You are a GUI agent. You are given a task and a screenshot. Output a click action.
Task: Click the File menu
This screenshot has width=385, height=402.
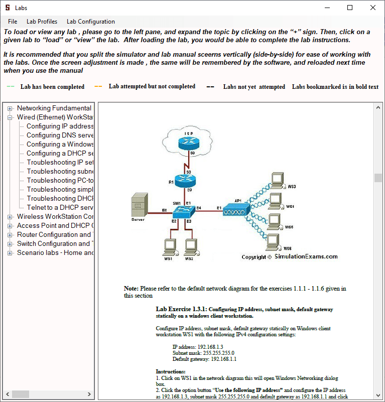[13, 22]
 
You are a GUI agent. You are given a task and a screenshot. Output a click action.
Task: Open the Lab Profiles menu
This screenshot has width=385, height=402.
[42, 22]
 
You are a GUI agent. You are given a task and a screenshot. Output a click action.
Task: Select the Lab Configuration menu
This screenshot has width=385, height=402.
[90, 22]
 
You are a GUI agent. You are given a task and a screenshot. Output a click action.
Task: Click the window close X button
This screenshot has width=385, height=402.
[372, 8]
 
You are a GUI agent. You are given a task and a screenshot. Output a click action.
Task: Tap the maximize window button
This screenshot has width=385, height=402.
[350, 8]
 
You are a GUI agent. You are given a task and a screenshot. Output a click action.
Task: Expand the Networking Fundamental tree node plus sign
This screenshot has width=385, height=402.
[10, 108]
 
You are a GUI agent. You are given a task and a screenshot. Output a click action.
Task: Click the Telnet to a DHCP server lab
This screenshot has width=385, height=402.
[60, 207]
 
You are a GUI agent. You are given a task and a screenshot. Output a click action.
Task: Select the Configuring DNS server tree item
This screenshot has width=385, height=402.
[60, 135]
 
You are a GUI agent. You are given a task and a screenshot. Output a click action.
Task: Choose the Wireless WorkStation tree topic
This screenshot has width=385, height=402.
[55, 216]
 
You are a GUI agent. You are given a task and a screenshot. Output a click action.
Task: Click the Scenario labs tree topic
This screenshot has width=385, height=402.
[55, 252]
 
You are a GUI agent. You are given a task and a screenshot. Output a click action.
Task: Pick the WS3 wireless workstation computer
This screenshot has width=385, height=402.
[276, 180]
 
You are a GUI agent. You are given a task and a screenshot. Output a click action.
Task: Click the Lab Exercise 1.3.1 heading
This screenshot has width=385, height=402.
[181, 309]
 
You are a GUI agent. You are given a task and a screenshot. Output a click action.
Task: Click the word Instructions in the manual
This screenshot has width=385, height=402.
[171, 371]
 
